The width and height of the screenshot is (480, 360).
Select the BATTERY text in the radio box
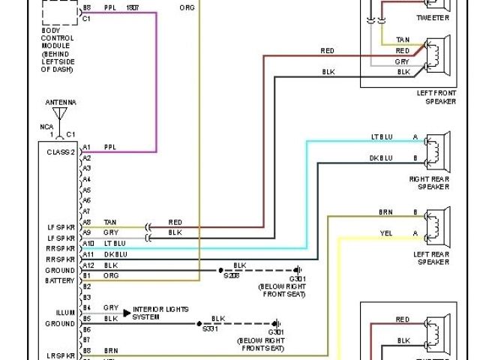pyautogui.click(x=60, y=280)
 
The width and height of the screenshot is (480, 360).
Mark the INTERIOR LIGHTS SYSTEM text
pyautogui.click(x=160, y=313)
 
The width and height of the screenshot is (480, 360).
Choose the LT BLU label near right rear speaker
pyautogui.click(x=381, y=137)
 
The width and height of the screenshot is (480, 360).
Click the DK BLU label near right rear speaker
pyautogui.click(x=381, y=158)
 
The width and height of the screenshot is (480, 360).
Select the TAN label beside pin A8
pyautogui.click(x=110, y=222)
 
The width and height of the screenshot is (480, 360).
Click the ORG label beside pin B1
pyautogui.click(x=110, y=275)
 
